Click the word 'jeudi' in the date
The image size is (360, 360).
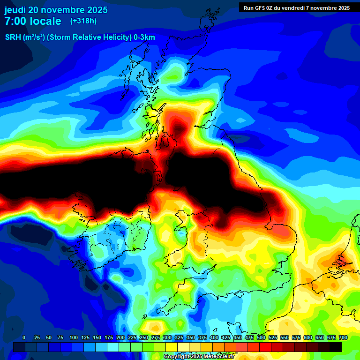point(15,10)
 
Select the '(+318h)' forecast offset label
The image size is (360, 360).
point(83,21)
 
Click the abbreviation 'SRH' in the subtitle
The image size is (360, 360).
point(14,37)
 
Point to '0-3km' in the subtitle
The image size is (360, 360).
point(144,37)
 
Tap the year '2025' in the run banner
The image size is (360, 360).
point(340,8)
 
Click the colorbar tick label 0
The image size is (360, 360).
point(24,337)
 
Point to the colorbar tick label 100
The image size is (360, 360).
point(74,337)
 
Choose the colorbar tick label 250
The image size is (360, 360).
point(144,337)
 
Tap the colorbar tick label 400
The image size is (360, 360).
point(214,337)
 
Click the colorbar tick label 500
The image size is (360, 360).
point(261,337)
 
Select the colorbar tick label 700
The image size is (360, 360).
point(343,337)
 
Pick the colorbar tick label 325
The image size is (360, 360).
point(179,337)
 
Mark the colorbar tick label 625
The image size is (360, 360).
point(320,337)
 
